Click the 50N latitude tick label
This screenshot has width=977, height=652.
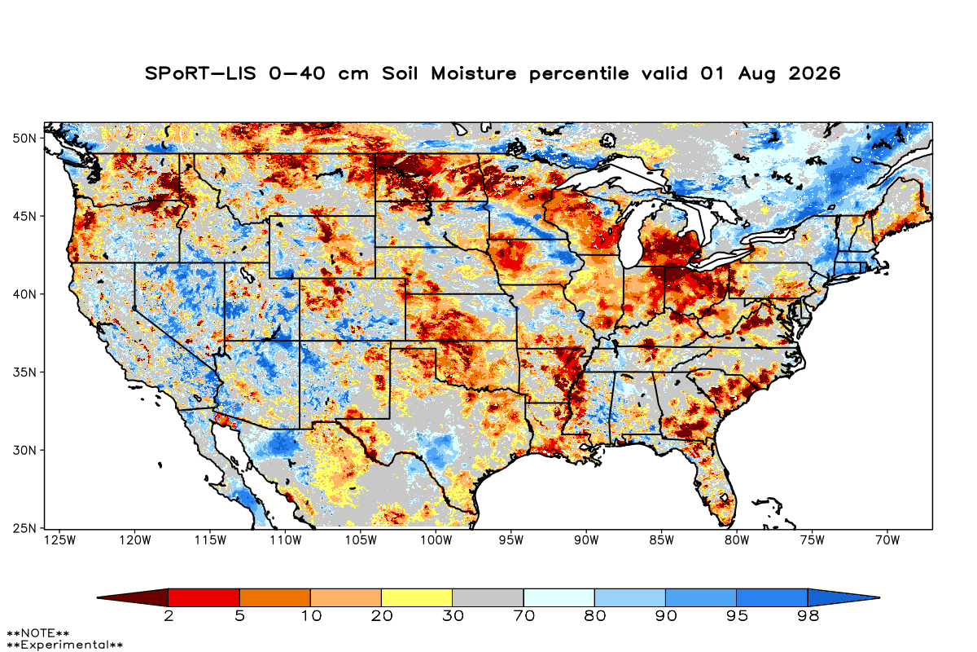(24, 139)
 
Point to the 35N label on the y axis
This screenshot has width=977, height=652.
(24, 372)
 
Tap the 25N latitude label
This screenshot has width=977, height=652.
(24, 529)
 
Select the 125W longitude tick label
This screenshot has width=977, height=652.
(60, 540)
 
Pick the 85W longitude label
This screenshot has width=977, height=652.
(662, 540)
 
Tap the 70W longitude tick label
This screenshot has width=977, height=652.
(887, 540)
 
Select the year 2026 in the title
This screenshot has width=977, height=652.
(814, 73)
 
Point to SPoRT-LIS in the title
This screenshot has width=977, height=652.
(200, 73)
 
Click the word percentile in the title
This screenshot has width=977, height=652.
(579, 74)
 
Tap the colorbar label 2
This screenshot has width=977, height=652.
(169, 616)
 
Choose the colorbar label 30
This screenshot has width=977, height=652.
(453, 616)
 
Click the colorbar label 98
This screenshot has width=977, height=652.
(808, 616)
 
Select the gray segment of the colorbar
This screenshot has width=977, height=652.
(488, 597)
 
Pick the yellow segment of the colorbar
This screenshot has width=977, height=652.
(417, 597)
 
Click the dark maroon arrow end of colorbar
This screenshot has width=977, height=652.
(139, 597)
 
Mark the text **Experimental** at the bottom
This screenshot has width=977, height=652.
(64, 645)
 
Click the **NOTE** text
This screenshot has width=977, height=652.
(38, 633)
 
